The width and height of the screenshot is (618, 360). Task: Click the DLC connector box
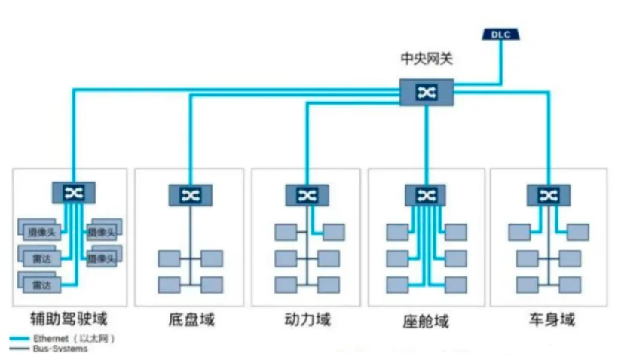coord(501,35)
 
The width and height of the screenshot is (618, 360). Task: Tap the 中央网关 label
coord(427,59)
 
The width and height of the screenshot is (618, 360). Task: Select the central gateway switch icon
coord(427,93)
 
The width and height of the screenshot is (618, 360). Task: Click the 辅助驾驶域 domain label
coord(69,319)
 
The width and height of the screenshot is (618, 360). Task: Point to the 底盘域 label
coord(191,319)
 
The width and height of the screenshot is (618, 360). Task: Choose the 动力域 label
coord(307,319)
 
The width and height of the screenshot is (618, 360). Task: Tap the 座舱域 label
coord(426,322)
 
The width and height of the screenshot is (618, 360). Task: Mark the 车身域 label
coord(552,319)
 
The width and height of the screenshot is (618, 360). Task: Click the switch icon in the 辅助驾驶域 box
coord(74,193)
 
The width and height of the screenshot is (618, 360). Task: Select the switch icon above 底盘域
coord(191,195)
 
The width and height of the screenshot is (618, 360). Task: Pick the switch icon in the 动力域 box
coord(307,195)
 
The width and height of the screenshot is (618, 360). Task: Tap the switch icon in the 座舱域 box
coord(426,195)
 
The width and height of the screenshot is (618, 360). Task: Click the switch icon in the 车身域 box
coord(548,195)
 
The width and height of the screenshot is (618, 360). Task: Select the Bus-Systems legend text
coord(60,349)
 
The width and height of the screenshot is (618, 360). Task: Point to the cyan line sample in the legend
coord(20,339)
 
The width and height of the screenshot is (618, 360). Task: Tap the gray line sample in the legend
coord(20,349)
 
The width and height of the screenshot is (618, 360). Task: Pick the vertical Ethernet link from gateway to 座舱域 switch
coord(426,145)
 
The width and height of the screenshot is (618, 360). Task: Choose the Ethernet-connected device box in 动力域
coord(334,233)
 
